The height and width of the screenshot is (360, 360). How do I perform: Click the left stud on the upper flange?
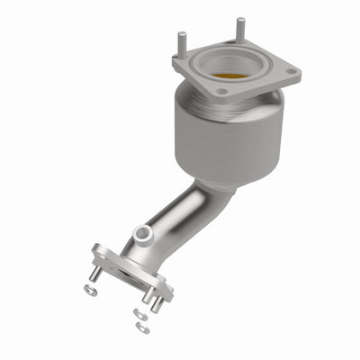[x=182, y=41]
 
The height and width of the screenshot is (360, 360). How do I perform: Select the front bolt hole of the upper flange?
[x=221, y=91]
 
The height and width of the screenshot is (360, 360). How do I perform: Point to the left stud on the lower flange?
[x=94, y=274]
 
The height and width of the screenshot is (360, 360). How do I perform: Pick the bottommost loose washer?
[x=143, y=328]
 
